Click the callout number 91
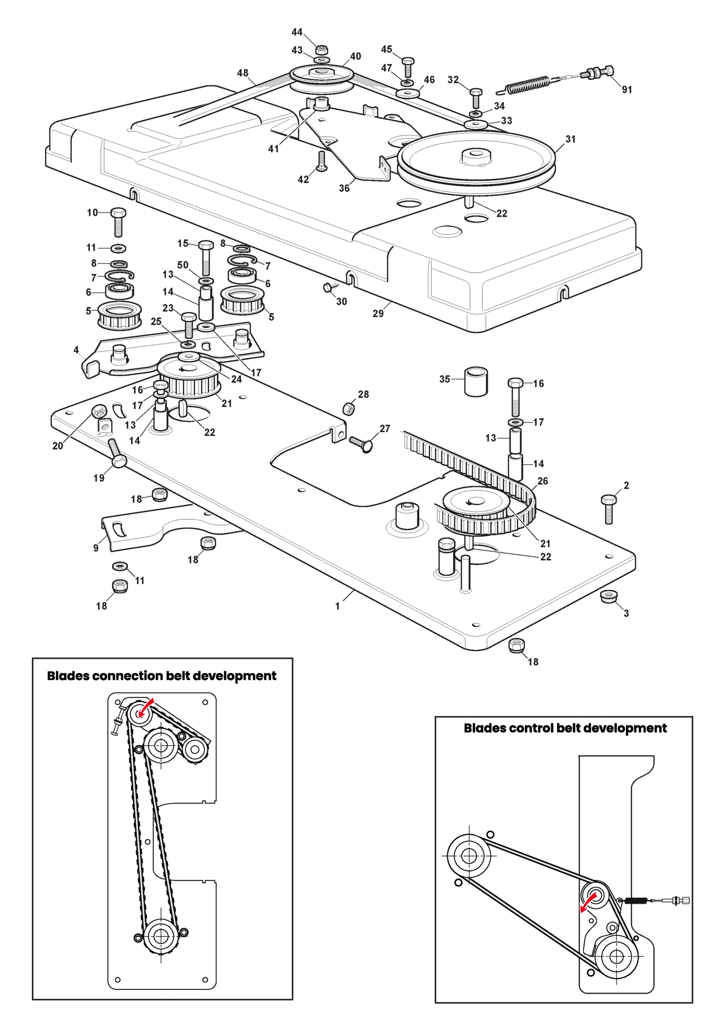click(627, 89)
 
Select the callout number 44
click(297, 32)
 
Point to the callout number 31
click(570, 139)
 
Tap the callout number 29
click(378, 313)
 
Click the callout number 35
click(445, 378)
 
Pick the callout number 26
click(543, 481)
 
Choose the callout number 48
click(243, 73)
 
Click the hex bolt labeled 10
click(118, 222)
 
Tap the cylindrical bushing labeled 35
click(476, 381)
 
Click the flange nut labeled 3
click(608, 596)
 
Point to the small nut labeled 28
click(348, 408)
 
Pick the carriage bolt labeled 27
click(361, 444)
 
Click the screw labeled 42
click(322, 161)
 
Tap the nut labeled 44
click(322, 50)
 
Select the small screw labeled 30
click(330, 287)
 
